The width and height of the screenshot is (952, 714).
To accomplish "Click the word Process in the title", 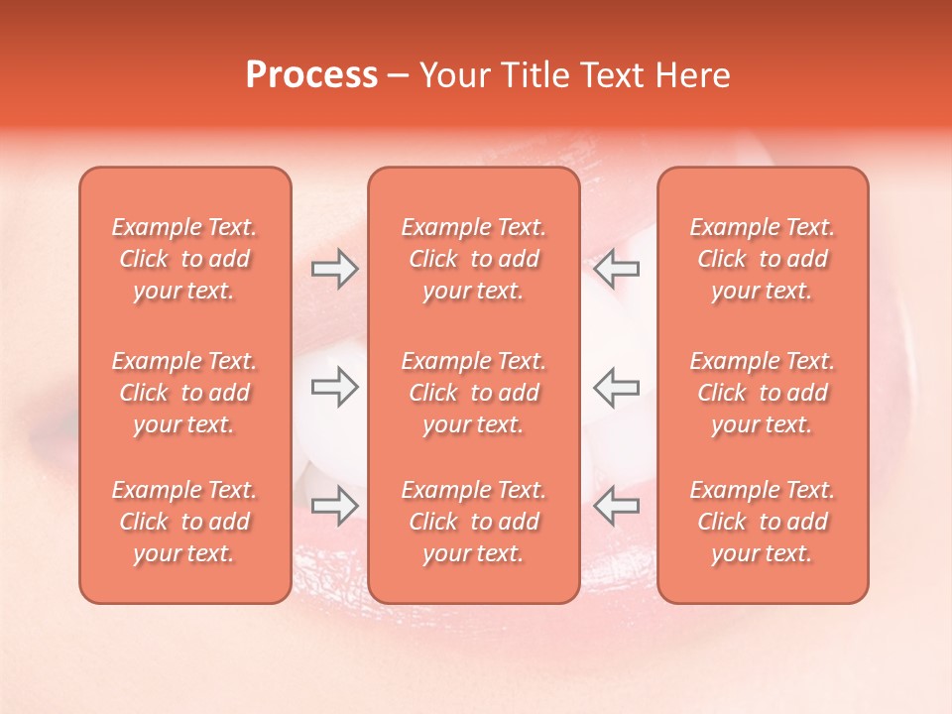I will [311, 75].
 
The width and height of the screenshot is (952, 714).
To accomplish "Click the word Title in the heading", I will [533, 75].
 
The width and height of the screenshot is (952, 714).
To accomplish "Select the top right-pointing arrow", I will [334, 269].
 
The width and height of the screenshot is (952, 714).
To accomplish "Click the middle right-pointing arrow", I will [334, 387].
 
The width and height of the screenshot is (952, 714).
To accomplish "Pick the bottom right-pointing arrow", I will [334, 505].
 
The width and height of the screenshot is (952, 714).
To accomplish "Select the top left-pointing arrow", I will [616, 269].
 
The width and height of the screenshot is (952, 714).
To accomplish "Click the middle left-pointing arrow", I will [616, 387].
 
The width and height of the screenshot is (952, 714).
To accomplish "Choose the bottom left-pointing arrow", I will [616, 505].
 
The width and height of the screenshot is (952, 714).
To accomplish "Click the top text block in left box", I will [184, 259].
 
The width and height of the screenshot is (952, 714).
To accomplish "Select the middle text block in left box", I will [184, 393].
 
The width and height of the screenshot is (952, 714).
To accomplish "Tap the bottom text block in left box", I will [184, 522].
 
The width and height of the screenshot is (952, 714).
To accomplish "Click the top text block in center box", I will [473, 259].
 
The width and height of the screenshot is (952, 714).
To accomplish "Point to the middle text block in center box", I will [473, 393].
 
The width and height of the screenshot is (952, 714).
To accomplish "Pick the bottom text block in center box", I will [473, 522].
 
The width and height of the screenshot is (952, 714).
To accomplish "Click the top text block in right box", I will [763, 259].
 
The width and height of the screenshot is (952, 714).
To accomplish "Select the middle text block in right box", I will [763, 393].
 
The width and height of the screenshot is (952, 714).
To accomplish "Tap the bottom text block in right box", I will [763, 522].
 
